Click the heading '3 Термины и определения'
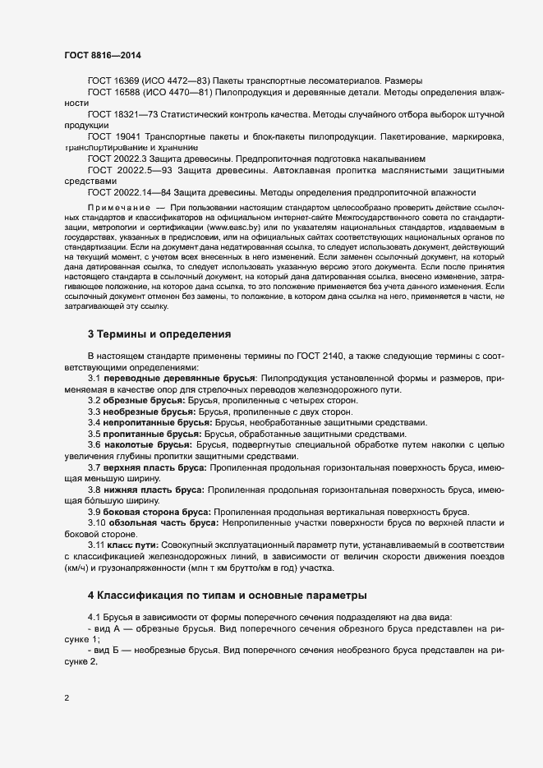tap(159, 334)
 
